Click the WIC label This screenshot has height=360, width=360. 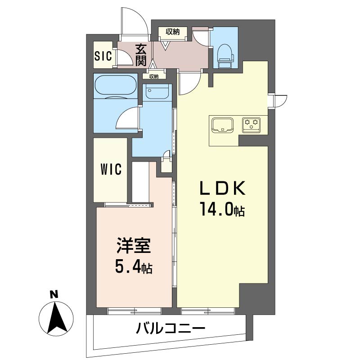pyautogui.click(x=111, y=170)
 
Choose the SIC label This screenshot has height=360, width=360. pyautogui.click(x=103, y=56)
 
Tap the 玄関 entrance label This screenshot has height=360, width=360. pyautogui.click(x=141, y=54)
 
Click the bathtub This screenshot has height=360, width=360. pyautogui.click(x=115, y=86)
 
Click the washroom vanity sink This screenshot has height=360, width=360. pyautogui.click(x=157, y=93)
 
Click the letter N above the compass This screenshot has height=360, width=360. pyautogui.click(x=54, y=295)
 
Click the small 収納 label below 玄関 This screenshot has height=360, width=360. pyautogui.click(x=154, y=76)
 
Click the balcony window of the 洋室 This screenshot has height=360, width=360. pyautogui.click(x=134, y=310)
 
